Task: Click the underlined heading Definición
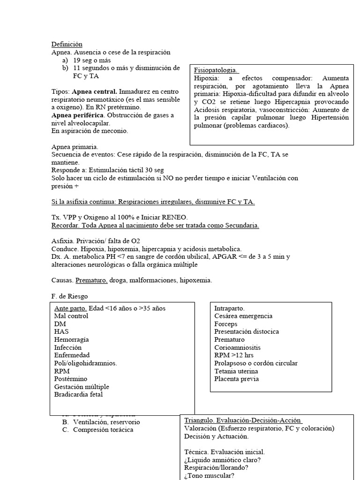pos(67,44)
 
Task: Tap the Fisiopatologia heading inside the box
pos(216,70)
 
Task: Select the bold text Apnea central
pos(95,91)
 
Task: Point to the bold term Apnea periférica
pos(78,115)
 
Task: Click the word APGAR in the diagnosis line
pos(238,257)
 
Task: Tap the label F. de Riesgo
pos(69,296)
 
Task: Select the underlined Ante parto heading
pos(70,308)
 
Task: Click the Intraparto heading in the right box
pos(229,308)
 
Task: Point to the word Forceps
pos(225,324)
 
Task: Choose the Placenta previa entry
pos(236,379)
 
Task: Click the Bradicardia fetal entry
pos(78,394)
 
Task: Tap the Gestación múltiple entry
pos(82,387)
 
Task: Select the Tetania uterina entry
pos(236,371)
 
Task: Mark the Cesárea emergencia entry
pos(243,316)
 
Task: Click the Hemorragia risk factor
pos(71,339)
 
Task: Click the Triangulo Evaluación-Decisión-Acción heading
pos(242,420)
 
